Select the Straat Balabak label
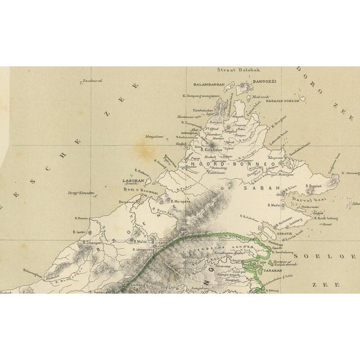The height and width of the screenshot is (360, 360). click(236, 72)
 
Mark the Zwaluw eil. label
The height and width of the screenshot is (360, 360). click(93, 80)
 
